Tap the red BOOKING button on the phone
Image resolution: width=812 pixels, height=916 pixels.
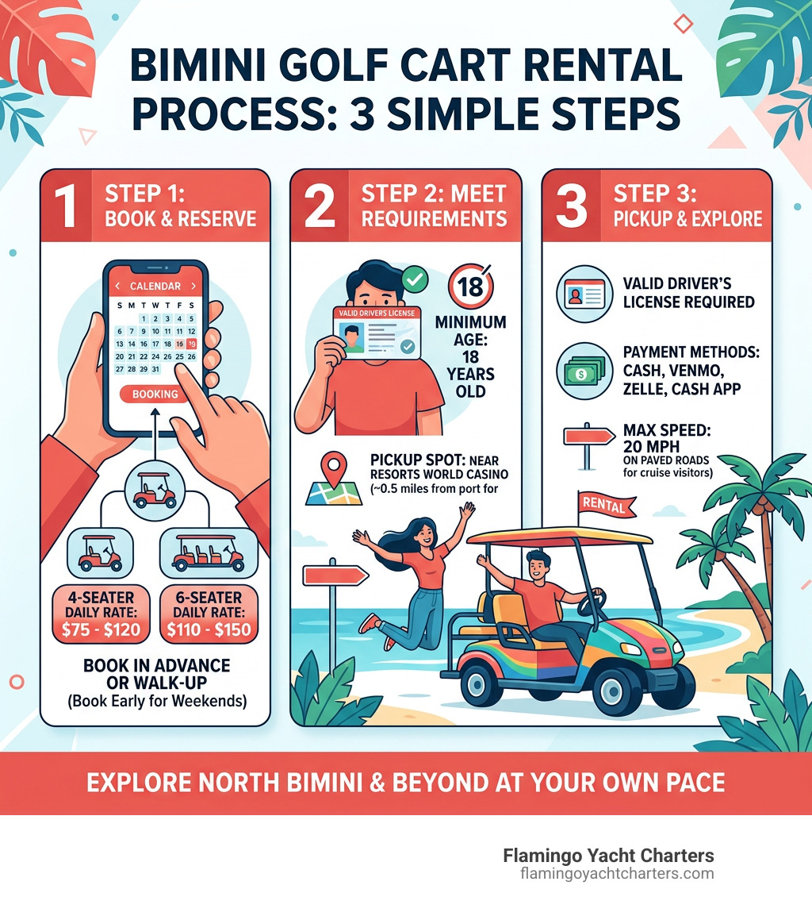[x=155, y=393]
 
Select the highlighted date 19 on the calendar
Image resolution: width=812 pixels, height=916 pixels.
[x=191, y=344]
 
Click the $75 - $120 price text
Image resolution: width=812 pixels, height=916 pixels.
[x=100, y=630]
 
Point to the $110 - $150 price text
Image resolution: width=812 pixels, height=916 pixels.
[x=209, y=630]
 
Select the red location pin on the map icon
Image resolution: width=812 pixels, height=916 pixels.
[x=335, y=464]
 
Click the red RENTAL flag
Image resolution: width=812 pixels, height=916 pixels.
[x=607, y=503]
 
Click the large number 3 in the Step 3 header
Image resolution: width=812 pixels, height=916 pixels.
[x=573, y=205]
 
